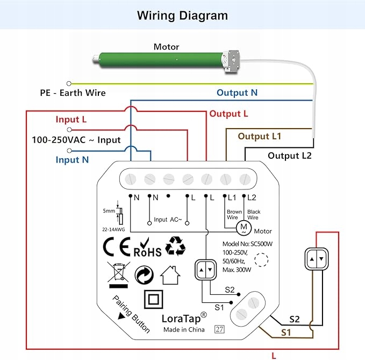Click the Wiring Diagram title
(182, 15)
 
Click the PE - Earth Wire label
(73, 93)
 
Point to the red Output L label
(228, 114)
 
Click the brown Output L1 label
(260, 136)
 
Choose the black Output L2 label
(290, 156)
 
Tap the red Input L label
(71, 119)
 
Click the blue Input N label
(72, 160)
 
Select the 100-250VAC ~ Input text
(76, 140)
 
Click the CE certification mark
(117, 247)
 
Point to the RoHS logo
(147, 249)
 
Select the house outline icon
(170, 276)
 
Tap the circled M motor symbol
(244, 228)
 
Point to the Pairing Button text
(131, 314)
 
